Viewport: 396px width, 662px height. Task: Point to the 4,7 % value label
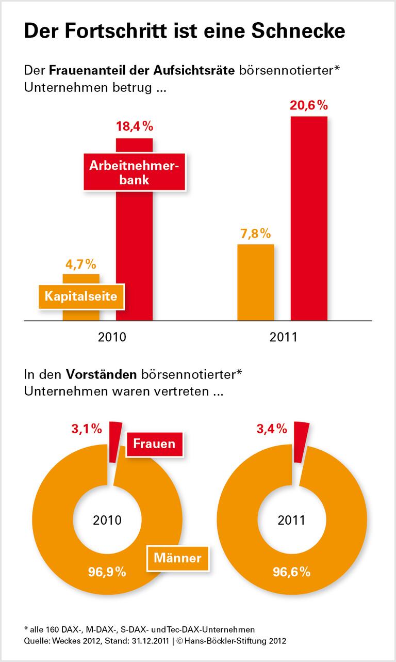coord(81,264)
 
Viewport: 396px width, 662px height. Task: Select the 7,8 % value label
coord(255,233)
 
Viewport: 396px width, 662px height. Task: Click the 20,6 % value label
coord(309,106)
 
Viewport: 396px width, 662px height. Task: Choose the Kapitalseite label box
coord(81,296)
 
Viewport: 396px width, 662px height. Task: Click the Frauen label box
coord(154,443)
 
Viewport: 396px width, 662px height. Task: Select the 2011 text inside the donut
coord(291,520)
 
